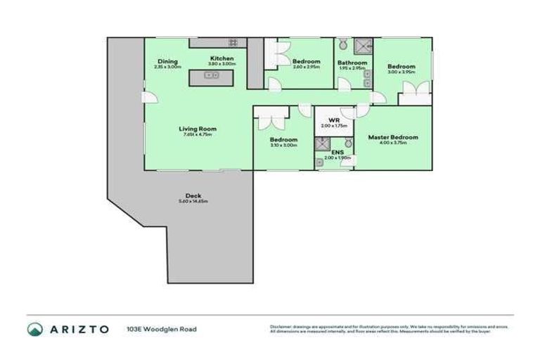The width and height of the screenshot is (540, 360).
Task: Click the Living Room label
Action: pyautogui.click(x=197, y=129)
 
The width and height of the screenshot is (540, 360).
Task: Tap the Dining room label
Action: pyautogui.click(x=167, y=61)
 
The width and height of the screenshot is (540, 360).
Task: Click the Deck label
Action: pyautogui.click(x=193, y=196)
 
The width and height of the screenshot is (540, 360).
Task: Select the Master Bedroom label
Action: pyautogui.click(x=393, y=137)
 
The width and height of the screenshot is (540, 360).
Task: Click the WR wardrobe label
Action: pyautogui.click(x=325, y=120)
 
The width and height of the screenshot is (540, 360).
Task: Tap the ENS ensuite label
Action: pyautogui.click(x=337, y=153)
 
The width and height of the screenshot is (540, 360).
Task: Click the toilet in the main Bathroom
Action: pyautogui.click(x=342, y=44)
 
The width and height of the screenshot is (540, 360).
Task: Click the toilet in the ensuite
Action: pyautogui.click(x=348, y=143)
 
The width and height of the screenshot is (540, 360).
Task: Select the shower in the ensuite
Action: pyautogui.click(x=322, y=144)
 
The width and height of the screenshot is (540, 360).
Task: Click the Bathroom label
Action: pyautogui.click(x=352, y=63)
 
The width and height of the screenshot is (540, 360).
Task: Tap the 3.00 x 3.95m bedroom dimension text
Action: pyautogui.click(x=401, y=72)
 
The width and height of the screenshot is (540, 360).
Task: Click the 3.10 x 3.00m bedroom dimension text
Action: pyautogui.click(x=283, y=146)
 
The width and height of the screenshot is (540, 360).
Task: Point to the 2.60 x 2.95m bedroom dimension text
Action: pyautogui.click(x=306, y=67)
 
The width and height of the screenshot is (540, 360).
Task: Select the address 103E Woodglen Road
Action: pyautogui.click(x=162, y=329)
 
